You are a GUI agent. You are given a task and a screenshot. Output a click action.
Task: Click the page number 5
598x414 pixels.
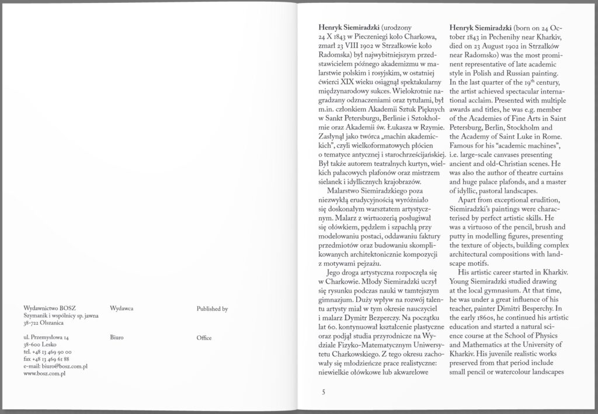[323, 392]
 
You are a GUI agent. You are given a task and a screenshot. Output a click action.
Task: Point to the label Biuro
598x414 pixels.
[116, 338]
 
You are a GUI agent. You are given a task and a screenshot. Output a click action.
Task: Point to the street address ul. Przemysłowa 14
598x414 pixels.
[46, 338]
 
